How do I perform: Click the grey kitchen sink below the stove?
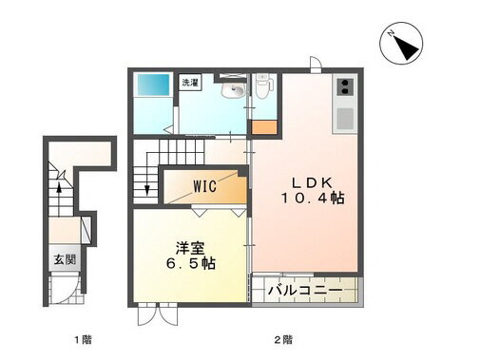(x=344, y=119)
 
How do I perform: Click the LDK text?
(x=311, y=182)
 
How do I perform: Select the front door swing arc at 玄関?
(x=65, y=288)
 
